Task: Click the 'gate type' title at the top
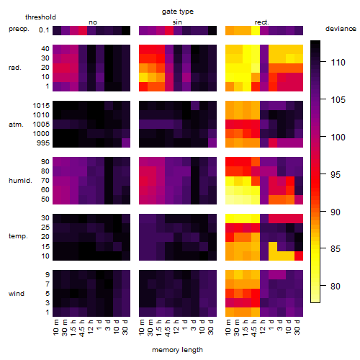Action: tap(178, 12)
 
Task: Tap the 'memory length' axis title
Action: tap(177, 350)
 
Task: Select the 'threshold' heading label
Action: tap(40, 17)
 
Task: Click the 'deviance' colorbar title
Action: tap(341, 29)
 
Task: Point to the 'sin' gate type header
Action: tap(177, 22)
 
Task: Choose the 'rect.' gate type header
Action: tap(261, 22)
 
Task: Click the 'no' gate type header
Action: tap(93, 22)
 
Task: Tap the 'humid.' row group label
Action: tap(20, 181)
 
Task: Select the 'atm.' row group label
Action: tap(16, 125)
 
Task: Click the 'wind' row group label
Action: tap(17, 294)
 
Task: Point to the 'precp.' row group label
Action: tap(19, 29)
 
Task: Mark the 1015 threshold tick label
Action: tap(41, 106)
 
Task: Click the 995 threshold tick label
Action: tap(43, 143)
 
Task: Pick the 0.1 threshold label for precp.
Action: tap(44, 30)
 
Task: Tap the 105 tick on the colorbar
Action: tap(338, 99)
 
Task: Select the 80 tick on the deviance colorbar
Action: tap(336, 286)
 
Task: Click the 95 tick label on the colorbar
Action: tap(336, 174)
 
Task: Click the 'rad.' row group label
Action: tap(15, 68)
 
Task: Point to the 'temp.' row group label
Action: tap(18, 236)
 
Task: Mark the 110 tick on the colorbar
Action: tap(338, 63)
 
